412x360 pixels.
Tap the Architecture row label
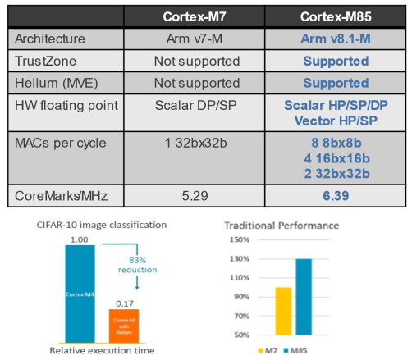[x=52, y=40]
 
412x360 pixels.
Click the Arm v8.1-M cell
[x=336, y=40]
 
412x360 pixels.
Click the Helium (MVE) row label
[x=54, y=83]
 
